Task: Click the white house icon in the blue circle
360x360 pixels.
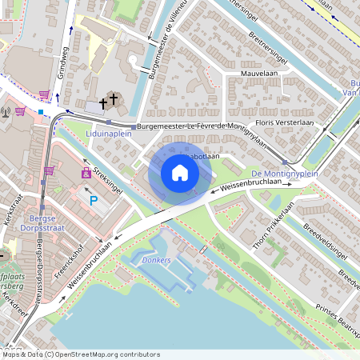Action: [x=180, y=173]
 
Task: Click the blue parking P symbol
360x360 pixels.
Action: [x=94, y=201]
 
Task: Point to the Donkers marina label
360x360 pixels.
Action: [x=157, y=261]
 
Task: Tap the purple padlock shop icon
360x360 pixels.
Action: [x=86, y=172]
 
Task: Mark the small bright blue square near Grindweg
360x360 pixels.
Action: [x=41, y=111]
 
